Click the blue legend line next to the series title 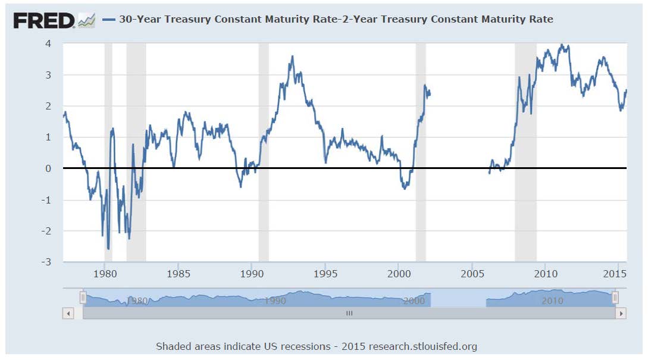click(108, 20)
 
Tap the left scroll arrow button click(68, 313)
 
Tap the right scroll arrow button click(621, 313)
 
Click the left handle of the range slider click(83, 297)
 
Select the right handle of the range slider click(615, 297)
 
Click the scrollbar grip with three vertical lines click(349, 313)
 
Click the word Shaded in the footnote click(173, 346)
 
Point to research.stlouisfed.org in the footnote click(423, 346)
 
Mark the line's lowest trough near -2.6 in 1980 click(108, 249)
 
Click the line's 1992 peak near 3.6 click(292, 57)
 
